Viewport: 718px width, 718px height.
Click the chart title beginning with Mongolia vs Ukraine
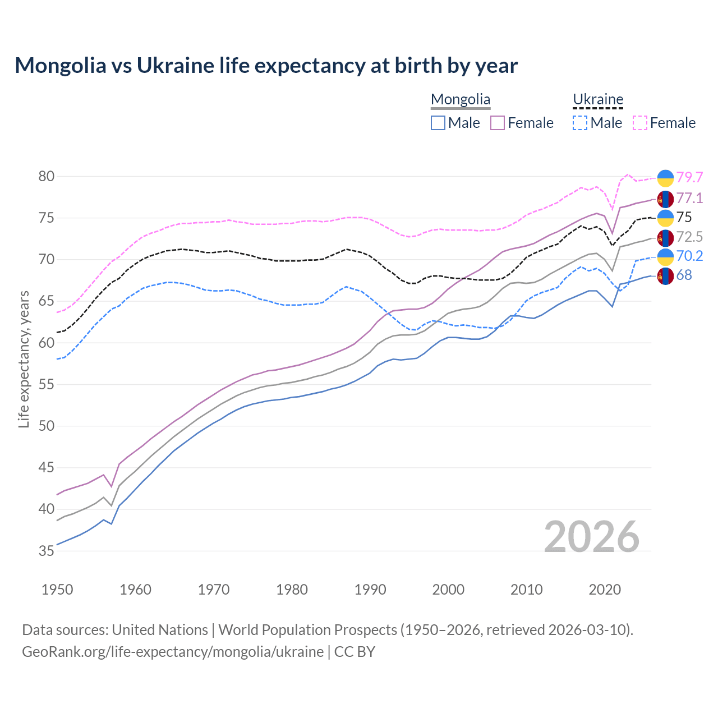[266, 66]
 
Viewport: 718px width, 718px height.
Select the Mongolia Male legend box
[438, 123]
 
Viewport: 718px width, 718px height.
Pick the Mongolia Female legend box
[498, 123]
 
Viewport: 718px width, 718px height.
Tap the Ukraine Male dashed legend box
[580, 123]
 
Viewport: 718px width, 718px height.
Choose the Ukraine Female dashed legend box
[639, 123]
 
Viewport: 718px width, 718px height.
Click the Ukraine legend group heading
[598, 100]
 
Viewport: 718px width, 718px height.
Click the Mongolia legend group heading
[461, 100]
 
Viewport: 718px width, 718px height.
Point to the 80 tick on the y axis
[46, 176]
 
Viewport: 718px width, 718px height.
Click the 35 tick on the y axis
[46, 551]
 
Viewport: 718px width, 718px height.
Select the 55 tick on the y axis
[46, 384]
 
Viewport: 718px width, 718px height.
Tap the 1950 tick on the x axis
[57, 590]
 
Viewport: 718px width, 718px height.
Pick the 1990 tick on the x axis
[370, 590]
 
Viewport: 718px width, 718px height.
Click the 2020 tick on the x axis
[605, 590]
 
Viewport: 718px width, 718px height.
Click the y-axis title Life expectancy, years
[24, 359]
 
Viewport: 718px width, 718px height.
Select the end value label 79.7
[689, 177]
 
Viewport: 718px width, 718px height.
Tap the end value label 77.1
[689, 198]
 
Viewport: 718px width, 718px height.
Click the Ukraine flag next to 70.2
[665, 256]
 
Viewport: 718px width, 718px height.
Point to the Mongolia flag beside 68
[665, 275]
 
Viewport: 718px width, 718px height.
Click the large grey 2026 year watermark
[592, 537]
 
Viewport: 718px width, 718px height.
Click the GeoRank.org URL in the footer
[173, 652]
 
